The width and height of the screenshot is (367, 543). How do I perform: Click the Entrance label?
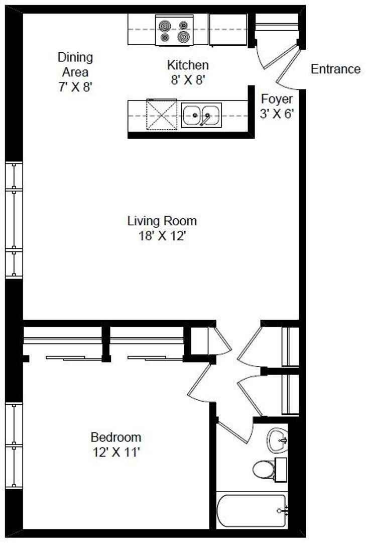(x=335, y=69)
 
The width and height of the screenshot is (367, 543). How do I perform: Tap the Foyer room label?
(x=277, y=99)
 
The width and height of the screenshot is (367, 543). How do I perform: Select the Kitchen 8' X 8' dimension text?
(x=188, y=80)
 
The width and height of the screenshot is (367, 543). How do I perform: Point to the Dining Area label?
(x=75, y=64)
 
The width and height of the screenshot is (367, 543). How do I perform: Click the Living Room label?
(x=162, y=221)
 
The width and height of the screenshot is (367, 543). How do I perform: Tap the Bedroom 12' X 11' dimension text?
(x=116, y=452)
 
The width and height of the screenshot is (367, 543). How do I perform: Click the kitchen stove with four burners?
(x=174, y=30)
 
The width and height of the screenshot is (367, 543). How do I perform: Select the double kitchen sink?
(x=201, y=115)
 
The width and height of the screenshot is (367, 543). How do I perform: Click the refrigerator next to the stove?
(x=228, y=30)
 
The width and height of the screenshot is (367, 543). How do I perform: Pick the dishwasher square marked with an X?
(x=162, y=115)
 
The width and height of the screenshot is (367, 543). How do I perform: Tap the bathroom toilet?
(x=270, y=469)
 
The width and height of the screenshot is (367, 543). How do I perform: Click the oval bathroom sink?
(x=278, y=440)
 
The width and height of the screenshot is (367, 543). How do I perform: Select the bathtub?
(x=253, y=511)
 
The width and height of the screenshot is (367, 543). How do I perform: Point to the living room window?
(x=14, y=220)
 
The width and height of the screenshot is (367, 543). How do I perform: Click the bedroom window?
(x=14, y=445)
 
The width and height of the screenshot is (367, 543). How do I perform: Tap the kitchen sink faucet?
(x=205, y=120)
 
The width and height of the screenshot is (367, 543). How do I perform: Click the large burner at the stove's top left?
(x=165, y=26)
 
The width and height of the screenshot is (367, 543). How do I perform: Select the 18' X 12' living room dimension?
(x=162, y=236)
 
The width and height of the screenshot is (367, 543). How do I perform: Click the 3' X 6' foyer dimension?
(x=277, y=114)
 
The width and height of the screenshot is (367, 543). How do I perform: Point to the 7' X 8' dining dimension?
(x=75, y=86)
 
